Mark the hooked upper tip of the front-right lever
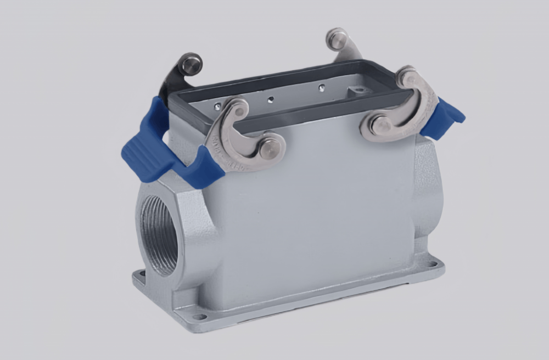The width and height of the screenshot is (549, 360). (407, 77)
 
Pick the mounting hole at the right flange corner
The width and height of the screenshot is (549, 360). (433, 264)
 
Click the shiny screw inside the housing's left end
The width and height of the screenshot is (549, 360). (218, 106)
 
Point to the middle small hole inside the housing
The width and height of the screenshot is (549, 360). (270, 99)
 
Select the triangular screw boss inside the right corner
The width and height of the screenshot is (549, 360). (358, 90)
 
